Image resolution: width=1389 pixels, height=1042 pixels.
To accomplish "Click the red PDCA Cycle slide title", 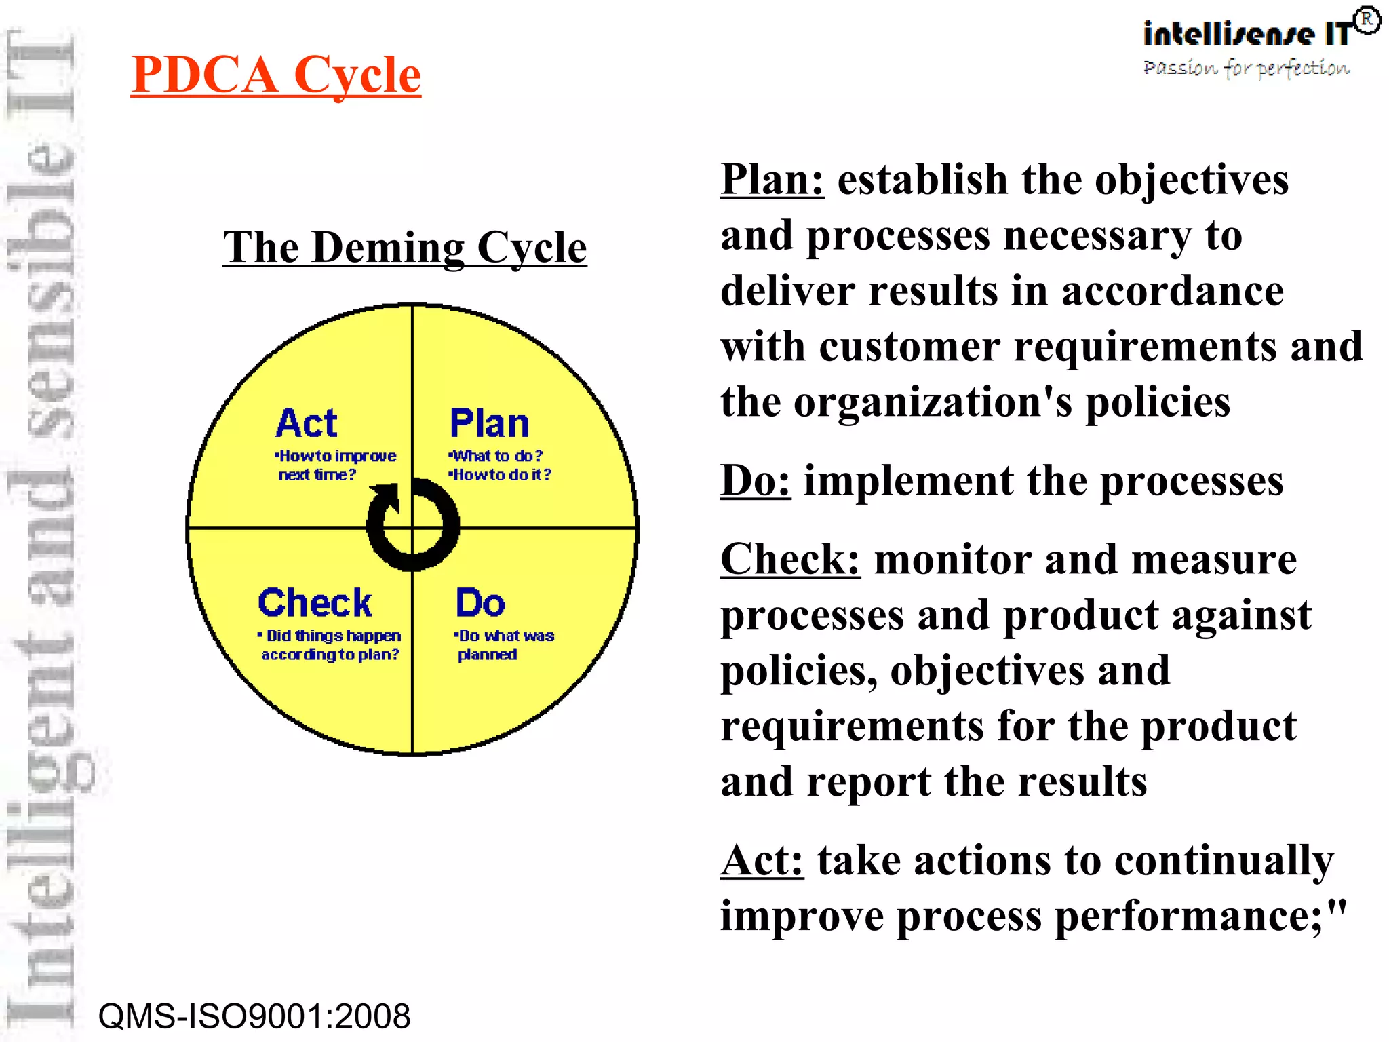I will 275,75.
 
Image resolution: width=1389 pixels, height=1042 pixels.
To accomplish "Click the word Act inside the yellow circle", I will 306,424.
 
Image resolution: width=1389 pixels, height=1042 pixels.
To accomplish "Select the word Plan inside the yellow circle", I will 489,424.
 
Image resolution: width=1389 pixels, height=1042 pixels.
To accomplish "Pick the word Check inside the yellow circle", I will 315,603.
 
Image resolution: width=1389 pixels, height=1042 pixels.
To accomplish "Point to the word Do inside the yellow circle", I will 480,603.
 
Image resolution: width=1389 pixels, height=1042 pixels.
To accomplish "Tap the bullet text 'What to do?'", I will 497,456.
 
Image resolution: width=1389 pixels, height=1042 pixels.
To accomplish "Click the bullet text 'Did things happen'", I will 332,636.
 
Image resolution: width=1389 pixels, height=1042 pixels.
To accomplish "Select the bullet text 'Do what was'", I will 505,636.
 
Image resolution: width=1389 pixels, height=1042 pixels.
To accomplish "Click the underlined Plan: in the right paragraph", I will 772,180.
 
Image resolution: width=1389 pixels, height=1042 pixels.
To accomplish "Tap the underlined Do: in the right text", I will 755,481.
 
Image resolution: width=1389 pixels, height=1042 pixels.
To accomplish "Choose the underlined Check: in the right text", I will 790,560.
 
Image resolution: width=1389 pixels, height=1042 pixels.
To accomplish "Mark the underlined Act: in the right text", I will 762,861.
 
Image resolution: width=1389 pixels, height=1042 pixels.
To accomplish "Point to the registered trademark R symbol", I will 1367,20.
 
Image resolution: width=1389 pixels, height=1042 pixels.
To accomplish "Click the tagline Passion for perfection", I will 1246,69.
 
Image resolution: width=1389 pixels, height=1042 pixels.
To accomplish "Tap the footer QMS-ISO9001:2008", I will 254,1016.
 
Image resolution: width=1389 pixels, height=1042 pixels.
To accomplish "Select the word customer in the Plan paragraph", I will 909,347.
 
